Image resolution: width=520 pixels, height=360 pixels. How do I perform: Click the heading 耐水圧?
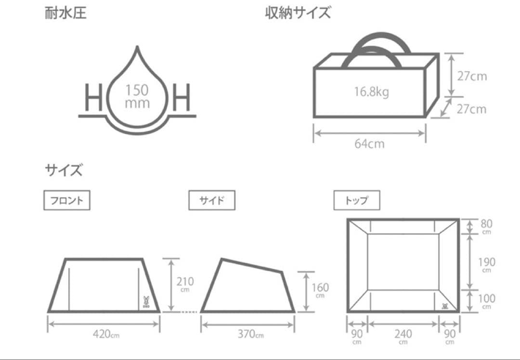pos(65,13)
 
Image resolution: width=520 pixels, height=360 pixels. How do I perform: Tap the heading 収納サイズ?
pos(298,13)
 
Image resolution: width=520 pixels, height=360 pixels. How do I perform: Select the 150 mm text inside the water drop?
pos(137,96)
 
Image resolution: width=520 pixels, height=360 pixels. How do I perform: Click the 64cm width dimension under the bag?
pos(369,143)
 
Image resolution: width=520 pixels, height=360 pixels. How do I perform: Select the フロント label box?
pos(67,201)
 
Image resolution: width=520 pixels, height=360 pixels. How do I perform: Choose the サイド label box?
pos(211,201)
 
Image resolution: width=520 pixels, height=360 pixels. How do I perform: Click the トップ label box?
pos(357,201)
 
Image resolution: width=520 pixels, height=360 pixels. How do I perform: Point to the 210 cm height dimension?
pos(185,284)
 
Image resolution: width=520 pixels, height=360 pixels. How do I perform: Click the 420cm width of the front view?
pos(104,334)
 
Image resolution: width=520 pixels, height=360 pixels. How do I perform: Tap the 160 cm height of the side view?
pos(320,290)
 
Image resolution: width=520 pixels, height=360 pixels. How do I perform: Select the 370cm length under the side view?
pos(249,334)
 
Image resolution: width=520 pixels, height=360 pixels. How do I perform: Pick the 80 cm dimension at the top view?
pos(486,226)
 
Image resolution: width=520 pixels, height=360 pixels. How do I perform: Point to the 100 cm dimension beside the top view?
pos(486,301)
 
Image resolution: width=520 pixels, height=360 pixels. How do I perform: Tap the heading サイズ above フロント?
pos(64,170)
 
